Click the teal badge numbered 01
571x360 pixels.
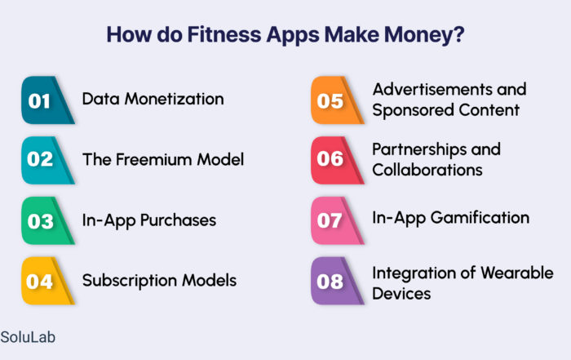[x=47, y=100]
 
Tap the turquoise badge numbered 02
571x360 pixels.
[x=47, y=160]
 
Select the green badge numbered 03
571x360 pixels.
[x=47, y=220]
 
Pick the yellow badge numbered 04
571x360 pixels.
[x=47, y=281]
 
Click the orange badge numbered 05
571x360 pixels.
[x=337, y=100]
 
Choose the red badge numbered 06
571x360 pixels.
[x=337, y=160]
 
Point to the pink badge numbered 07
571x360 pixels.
[x=337, y=220]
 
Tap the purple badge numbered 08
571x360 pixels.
[x=337, y=281]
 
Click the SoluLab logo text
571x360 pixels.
[x=28, y=337]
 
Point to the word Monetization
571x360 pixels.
[x=174, y=99]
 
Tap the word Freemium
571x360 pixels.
[x=154, y=159]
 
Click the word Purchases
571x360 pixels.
[x=178, y=220]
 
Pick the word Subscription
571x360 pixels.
[x=129, y=281]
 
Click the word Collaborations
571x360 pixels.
[x=427, y=170]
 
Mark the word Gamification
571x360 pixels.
[x=480, y=217]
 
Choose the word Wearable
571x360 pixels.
[x=517, y=273]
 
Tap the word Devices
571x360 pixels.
[x=401, y=293]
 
